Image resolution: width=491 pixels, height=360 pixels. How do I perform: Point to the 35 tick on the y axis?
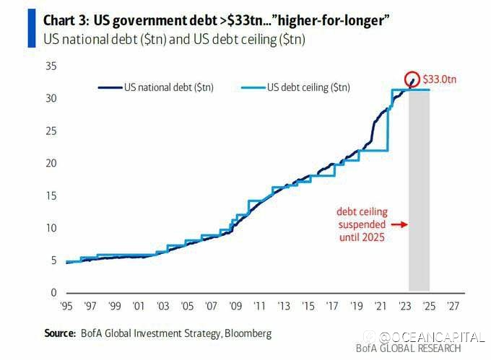(51, 66)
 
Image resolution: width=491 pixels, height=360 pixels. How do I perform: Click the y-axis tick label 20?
(51, 163)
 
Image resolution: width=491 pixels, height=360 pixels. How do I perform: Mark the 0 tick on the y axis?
(54, 293)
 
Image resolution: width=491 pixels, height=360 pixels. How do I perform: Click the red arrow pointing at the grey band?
(399, 224)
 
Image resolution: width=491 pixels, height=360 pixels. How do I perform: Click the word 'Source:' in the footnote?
(60, 333)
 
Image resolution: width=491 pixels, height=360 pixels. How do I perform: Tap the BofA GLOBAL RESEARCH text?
(408, 348)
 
